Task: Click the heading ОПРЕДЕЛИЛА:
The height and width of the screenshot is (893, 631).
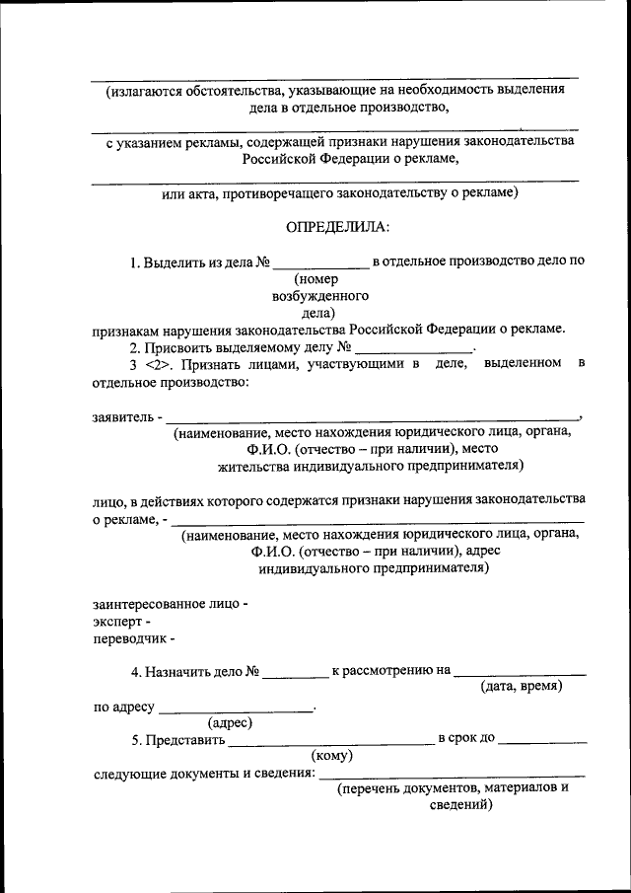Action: click(x=337, y=228)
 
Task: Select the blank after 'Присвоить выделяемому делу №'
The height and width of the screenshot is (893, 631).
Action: click(x=414, y=348)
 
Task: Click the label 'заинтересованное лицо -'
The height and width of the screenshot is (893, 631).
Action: click(x=171, y=603)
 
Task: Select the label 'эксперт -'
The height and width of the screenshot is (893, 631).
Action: click(x=122, y=623)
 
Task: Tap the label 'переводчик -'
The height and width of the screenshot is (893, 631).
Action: click(x=134, y=641)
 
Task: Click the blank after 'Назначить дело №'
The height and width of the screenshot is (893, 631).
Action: click(x=296, y=672)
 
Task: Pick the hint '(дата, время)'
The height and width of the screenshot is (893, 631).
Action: click(x=521, y=687)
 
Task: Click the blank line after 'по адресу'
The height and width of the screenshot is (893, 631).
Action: click(x=235, y=708)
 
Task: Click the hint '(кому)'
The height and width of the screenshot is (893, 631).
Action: click(x=332, y=756)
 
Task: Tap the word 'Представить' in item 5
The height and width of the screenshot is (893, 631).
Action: click(x=184, y=739)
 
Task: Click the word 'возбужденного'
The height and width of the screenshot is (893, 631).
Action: click(x=320, y=295)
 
